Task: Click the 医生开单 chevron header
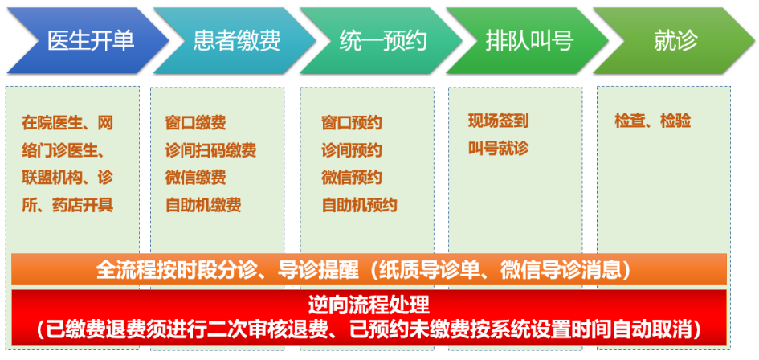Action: click(x=88, y=40)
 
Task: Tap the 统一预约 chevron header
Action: click(x=382, y=40)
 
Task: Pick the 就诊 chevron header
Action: click(x=675, y=40)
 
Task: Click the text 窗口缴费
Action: click(x=195, y=123)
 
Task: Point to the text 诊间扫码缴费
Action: click(x=210, y=150)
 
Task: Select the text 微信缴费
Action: click(x=195, y=178)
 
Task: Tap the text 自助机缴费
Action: click(x=203, y=205)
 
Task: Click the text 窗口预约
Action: click(x=352, y=123)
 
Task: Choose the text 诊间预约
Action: click(x=352, y=150)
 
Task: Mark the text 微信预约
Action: click(x=352, y=178)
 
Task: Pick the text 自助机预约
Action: click(x=359, y=205)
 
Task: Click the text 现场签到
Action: click(x=498, y=121)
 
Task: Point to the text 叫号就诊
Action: click(x=498, y=149)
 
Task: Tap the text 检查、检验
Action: click(x=652, y=121)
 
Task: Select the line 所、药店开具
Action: click(x=67, y=205)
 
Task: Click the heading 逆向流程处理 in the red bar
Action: click(x=369, y=305)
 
